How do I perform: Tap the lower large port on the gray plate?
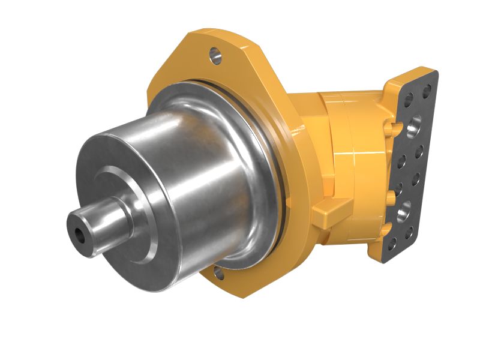pos(403,211)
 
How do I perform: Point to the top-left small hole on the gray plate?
pos(410,98)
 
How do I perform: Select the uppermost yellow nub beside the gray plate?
pos(397,127)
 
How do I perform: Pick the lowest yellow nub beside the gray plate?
pos(387,227)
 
